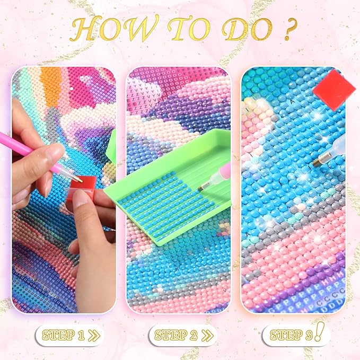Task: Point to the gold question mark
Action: pyautogui.click(x=289, y=29)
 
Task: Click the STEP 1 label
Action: pyautogui.click(x=64, y=336)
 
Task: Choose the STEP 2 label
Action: pyautogui.click(x=176, y=336)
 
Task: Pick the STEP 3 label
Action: pyautogui.click(x=291, y=336)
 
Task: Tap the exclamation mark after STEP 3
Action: pyautogui.click(x=319, y=331)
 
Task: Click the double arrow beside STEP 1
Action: pyautogui.click(x=94, y=336)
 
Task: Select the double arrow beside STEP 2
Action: pyautogui.click(x=207, y=336)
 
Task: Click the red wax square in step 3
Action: pyautogui.click(x=334, y=89)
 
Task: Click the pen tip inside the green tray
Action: pyautogui.click(x=203, y=186)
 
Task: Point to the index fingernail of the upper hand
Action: pyautogui.click(x=55, y=151)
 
